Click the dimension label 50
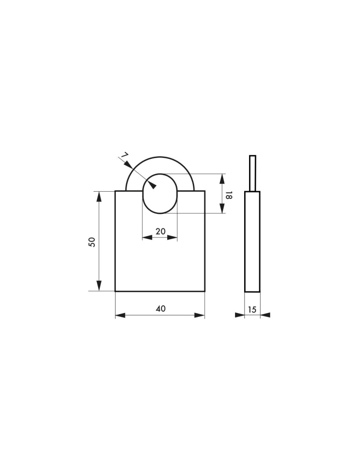pyautogui.click(x=92, y=242)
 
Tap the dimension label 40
pyautogui.click(x=160, y=308)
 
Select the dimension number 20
pyautogui.click(x=160, y=231)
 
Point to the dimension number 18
pyautogui.click(x=229, y=195)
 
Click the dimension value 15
pyautogui.click(x=252, y=310)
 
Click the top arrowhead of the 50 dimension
pyautogui.click(x=99, y=197)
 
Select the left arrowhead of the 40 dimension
pyautogui.click(x=120, y=316)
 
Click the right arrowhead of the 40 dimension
pyautogui.click(x=200, y=316)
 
